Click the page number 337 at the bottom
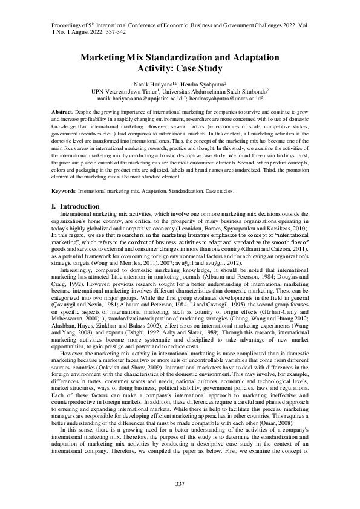point(180,484)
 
